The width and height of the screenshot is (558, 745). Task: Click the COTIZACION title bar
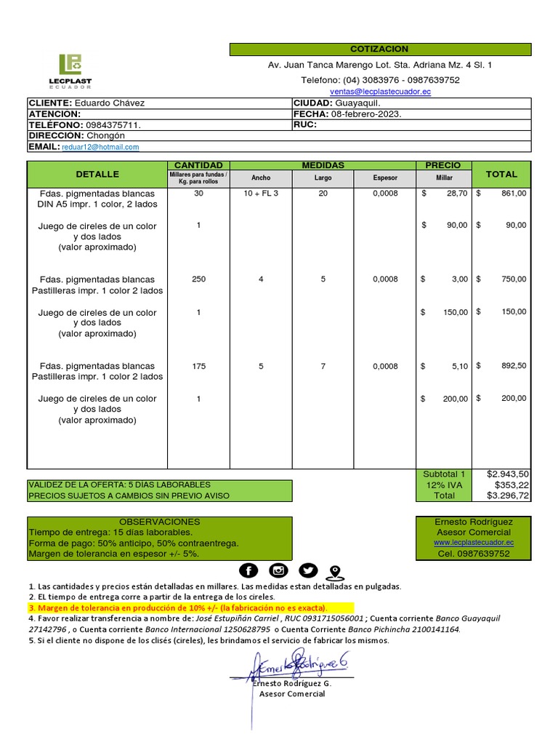[380, 49]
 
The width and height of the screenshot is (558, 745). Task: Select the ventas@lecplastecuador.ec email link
[380, 92]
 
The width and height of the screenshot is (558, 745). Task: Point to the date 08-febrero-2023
[366, 114]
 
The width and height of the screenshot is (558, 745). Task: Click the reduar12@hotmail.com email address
[100, 147]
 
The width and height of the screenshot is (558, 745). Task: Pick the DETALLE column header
[97, 175]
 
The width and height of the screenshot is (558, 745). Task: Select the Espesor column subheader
[385, 178]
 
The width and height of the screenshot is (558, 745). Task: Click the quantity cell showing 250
[198, 279]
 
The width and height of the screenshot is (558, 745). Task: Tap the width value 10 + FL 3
[261, 194]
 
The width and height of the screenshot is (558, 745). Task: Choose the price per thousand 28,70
[457, 194]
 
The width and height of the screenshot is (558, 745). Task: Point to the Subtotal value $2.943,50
[508, 474]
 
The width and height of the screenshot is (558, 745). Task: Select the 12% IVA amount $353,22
[511, 485]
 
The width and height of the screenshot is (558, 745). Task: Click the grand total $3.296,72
[508, 495]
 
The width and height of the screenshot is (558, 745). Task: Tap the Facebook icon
[248, 570]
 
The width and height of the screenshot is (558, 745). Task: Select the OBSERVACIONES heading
[160, 522]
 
